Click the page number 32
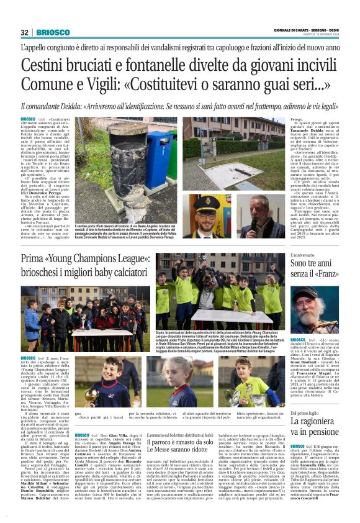coord(25,32)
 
